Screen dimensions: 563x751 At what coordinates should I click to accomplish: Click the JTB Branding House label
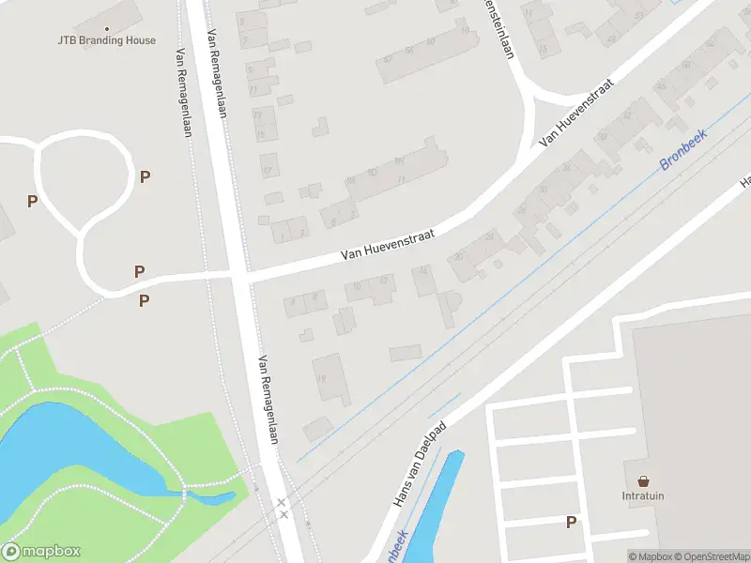tap(105, 40)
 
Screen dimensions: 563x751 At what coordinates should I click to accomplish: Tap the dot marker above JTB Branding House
tap(106, 29)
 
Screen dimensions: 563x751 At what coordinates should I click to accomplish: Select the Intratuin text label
tap(643, 496)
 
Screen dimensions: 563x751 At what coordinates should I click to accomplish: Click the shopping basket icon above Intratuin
tap(643, 480)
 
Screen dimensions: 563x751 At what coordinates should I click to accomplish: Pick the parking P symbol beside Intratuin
tap(570, 523)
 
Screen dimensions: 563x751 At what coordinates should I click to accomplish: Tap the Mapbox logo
tap(40, 552)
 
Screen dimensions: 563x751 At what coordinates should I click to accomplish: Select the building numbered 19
tap(329, 378)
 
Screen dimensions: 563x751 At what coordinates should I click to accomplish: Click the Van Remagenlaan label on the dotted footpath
tap(182, 92)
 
